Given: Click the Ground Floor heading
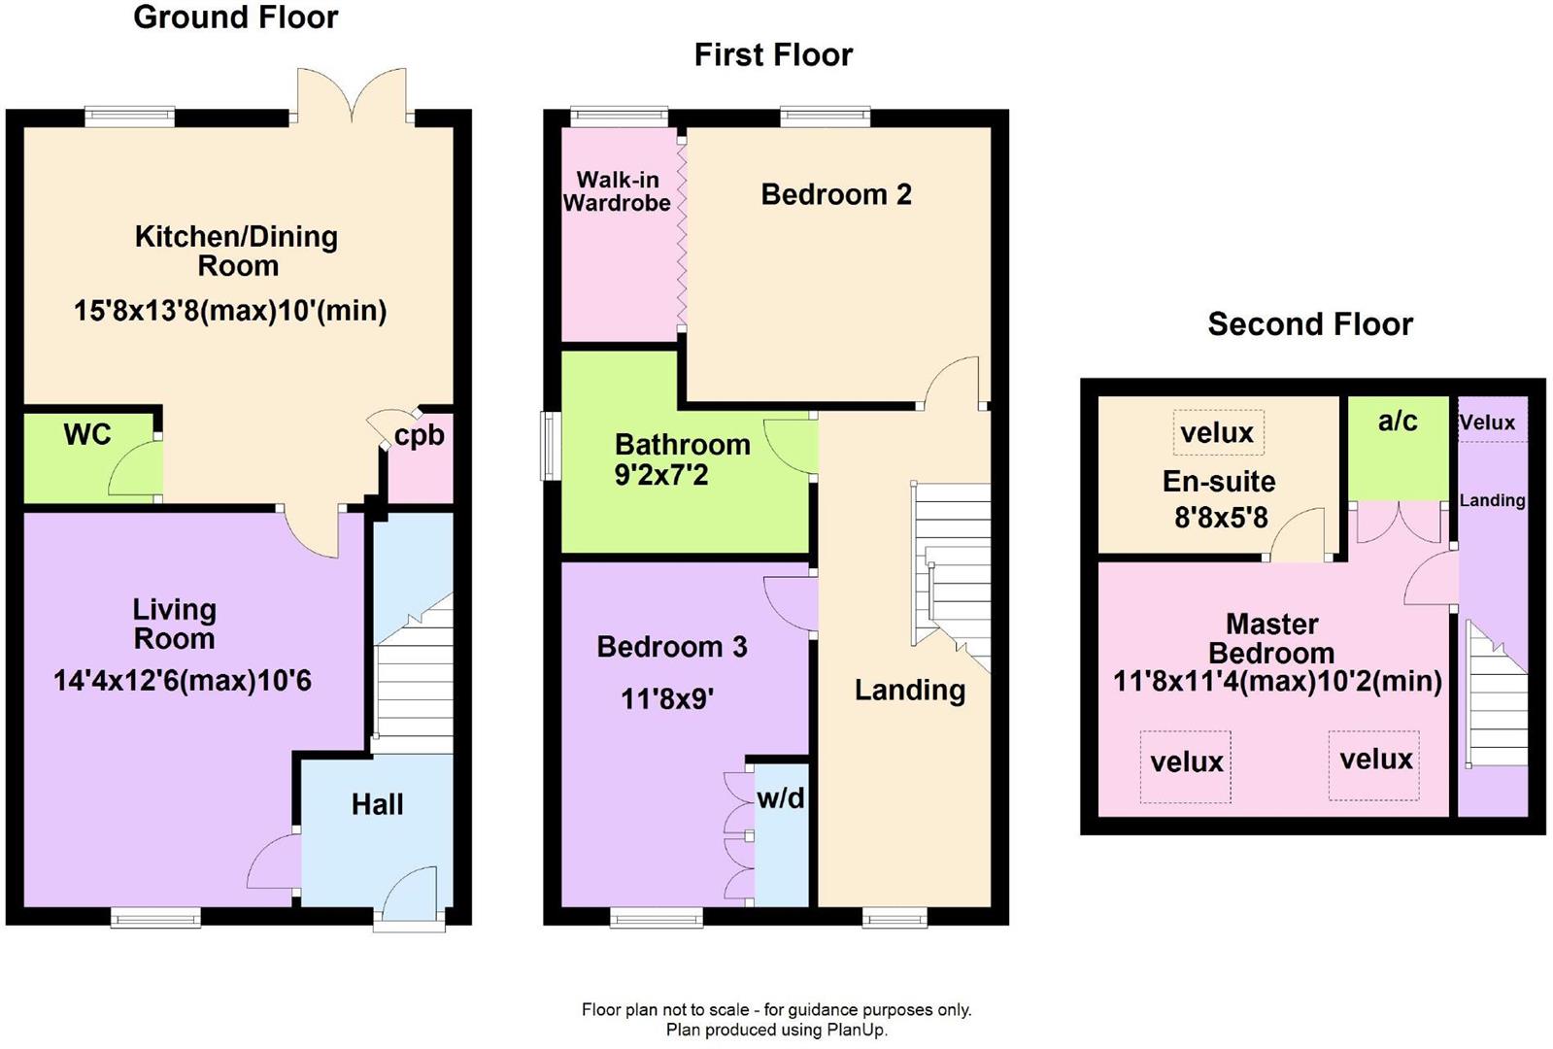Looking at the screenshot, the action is tap(236, 17).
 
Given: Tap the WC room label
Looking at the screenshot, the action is tap(87, 434).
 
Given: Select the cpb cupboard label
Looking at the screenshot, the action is tap(420, 436).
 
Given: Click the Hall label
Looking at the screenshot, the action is tap(377, 804).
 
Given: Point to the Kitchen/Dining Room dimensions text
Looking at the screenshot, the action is tap(230, 310).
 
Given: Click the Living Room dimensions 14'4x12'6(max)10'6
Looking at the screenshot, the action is tap(183, 680).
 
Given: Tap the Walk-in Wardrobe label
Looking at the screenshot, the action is tap(617, 191).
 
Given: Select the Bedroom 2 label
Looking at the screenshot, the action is tap(836, 194).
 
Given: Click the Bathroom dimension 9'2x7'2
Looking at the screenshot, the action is tap(661, 476).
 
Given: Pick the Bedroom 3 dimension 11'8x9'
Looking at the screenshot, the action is tap(667, 698).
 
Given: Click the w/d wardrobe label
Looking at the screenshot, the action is tap(781, 798).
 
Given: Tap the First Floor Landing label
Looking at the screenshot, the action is tap(910, 690).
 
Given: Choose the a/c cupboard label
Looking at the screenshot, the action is tap(1398, 421).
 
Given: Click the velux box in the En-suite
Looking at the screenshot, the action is tap(1218, 432).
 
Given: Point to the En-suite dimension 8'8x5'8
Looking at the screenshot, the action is tap(1221, 518).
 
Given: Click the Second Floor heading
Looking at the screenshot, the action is tap(1310, 323).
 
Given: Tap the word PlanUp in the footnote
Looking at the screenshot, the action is tap(856, 1030).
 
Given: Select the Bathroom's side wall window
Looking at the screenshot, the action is tap(551, 446).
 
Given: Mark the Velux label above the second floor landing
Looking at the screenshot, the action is tap(1487, 422).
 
